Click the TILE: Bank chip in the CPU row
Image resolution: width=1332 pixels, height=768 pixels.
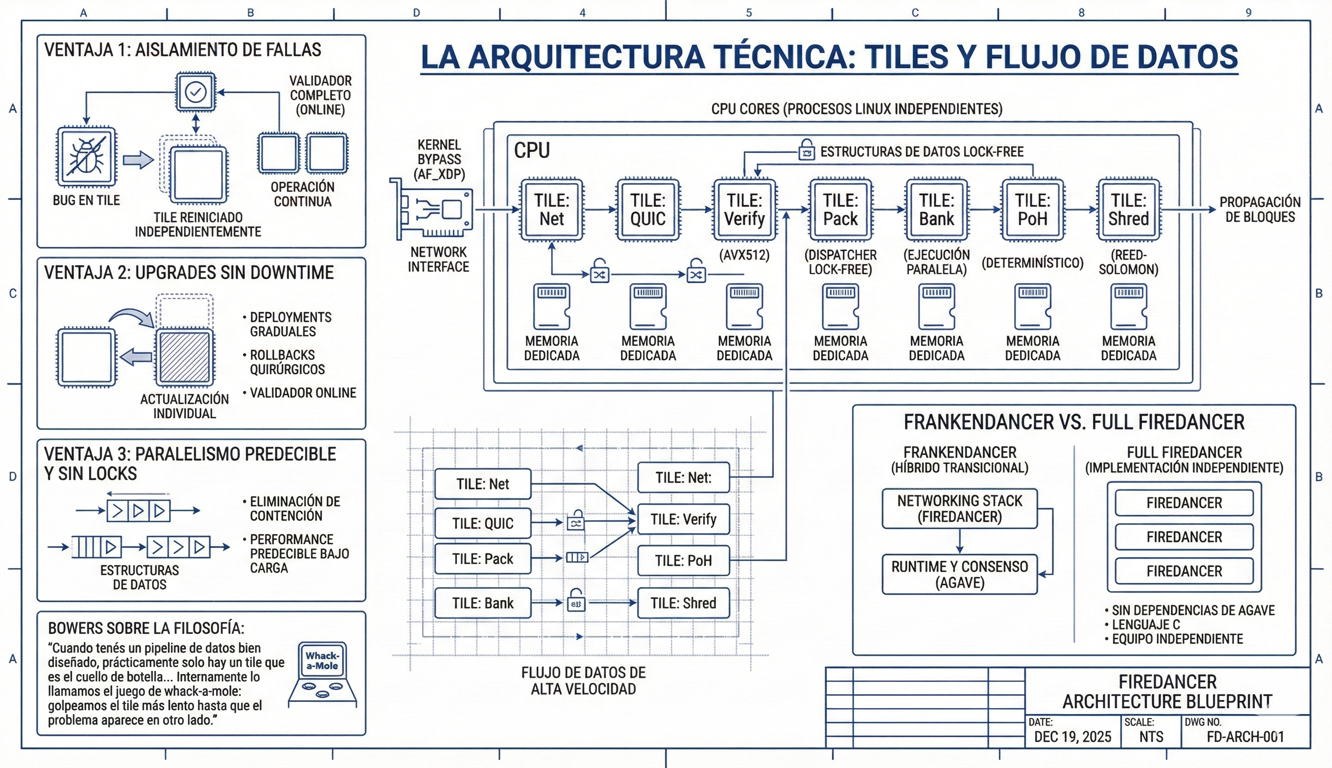tap(936, 210)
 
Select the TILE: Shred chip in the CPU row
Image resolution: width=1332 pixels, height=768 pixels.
tap(1128, 210)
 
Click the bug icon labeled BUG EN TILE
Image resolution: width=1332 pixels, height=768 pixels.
tap(87, 157)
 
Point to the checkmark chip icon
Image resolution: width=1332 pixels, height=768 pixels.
tap(195, 92)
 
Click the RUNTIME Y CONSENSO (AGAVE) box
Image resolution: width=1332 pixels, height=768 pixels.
tap(960, 575)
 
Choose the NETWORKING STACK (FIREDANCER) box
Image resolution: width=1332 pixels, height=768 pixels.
tap(960, 508)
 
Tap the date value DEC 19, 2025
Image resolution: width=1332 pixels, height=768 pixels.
tap(1072, 737)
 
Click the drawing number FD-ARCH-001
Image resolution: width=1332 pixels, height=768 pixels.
tap(1245, 737)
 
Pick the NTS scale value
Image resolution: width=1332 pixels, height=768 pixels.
tap(1151, 737)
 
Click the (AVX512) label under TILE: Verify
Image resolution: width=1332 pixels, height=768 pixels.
tap(744, 255)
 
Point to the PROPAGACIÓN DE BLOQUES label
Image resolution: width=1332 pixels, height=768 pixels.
tap(1260, 210)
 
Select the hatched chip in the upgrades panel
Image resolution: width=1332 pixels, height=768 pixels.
tap(185, 357)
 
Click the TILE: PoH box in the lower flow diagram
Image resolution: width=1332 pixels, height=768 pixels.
tap(684, 560)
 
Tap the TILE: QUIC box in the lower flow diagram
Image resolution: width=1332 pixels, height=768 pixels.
tap(482, 523)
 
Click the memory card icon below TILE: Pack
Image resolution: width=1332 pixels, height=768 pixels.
tap(840, 307)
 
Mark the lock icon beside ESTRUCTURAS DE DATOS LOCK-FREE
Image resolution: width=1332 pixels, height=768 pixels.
tap(806, 149)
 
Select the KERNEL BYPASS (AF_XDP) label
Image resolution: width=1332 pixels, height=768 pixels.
tap(439, 159)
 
